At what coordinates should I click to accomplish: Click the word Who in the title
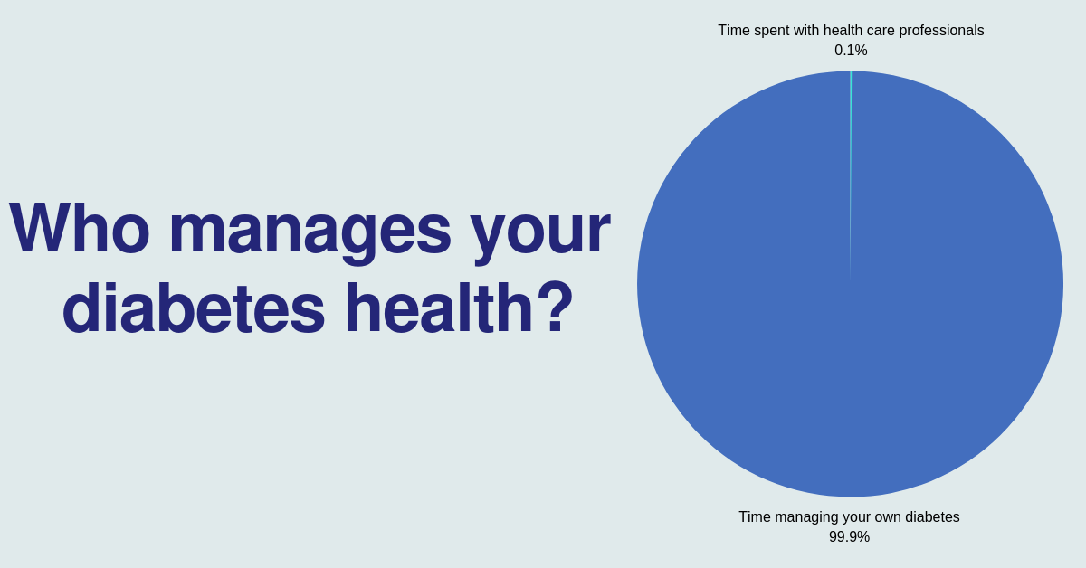tap(80, 227)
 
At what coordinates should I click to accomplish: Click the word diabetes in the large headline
tap(194, 308)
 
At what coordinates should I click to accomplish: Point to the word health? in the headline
tap(459, 308)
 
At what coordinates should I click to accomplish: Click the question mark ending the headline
tap(557, 307)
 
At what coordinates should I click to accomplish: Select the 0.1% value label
tap(851, 51)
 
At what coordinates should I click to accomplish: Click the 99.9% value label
tap(850, 537)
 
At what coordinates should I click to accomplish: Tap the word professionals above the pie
tap(941, 31)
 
